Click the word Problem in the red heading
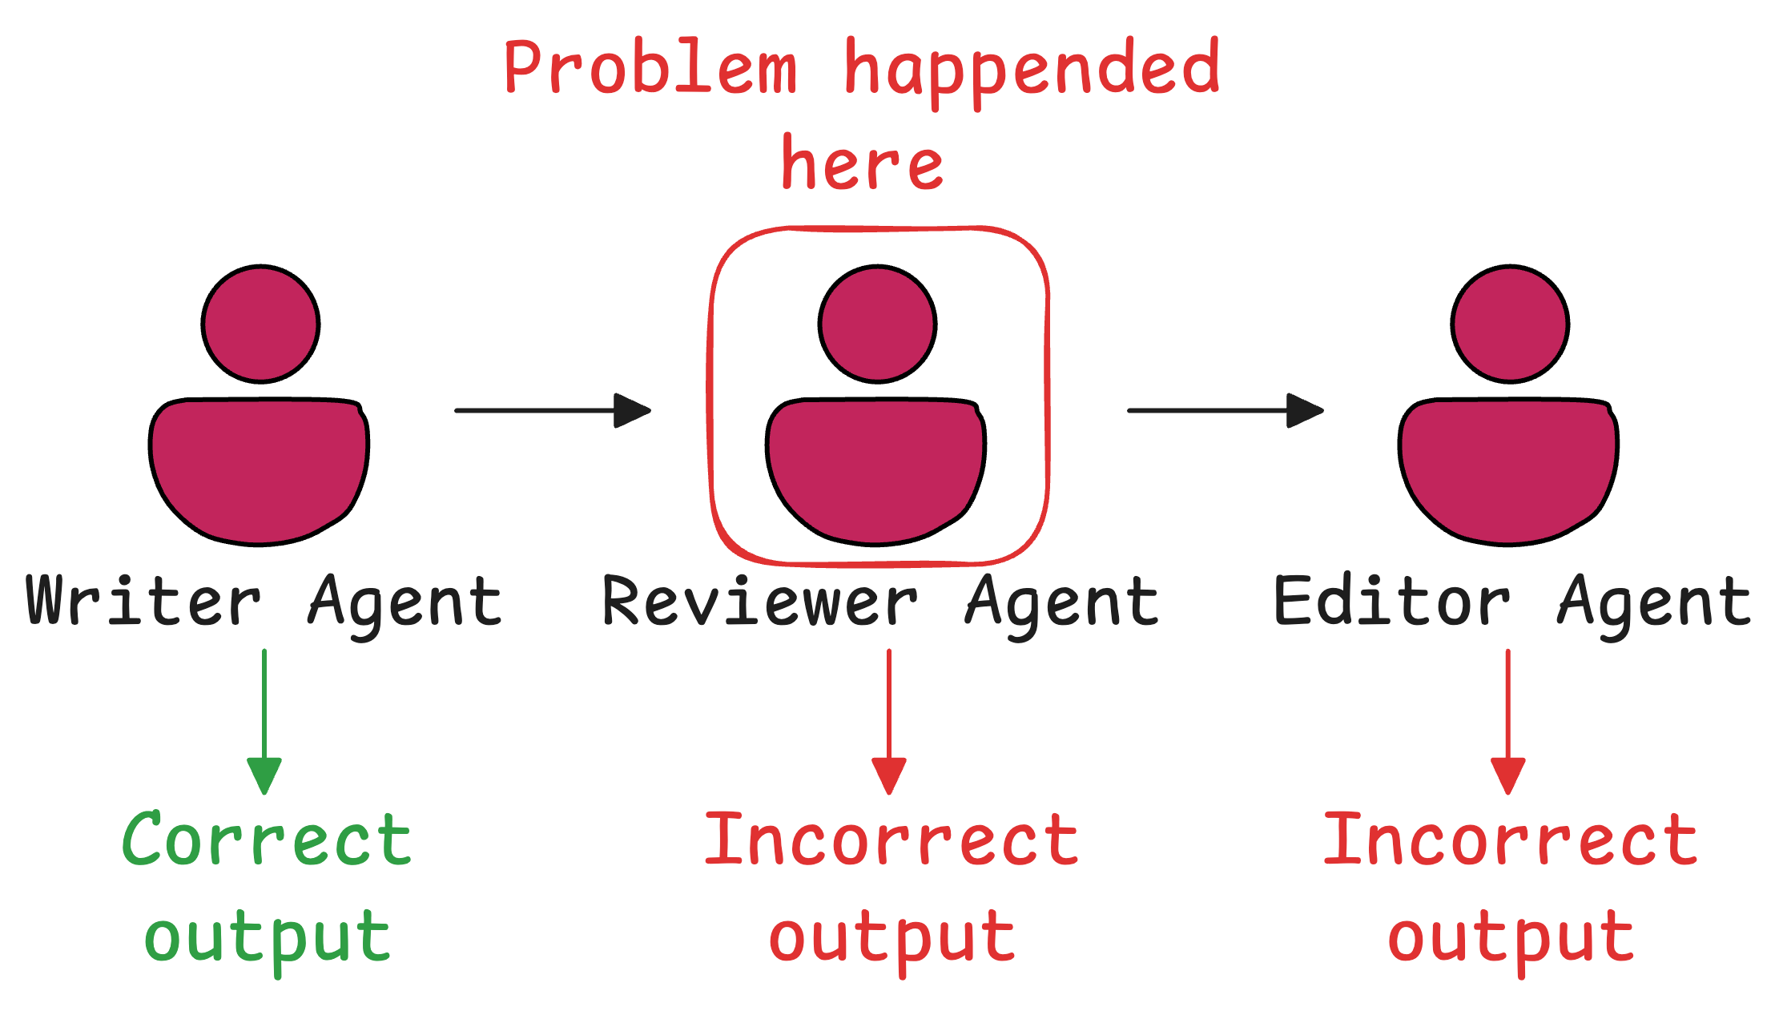(x=650, y=69)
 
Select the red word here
(x=862, y=164)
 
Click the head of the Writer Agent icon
(x=260, y=324)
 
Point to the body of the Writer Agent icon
(x=259, y=469)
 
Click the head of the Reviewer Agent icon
(x=877, y=324)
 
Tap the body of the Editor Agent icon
(x=1508, y=469)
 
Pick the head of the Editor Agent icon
(x=1510, y=324)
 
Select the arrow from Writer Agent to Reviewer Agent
(x=553, y=410)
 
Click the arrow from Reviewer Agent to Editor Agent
(x=1226, y=410)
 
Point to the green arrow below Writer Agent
(x=264, y=721)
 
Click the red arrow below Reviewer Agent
(x=889, y=721)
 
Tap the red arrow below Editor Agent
(x=1508, y=721)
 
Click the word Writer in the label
(x=144, y=601)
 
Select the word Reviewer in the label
(x=759, y=601)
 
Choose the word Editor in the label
(x=1392, y=601)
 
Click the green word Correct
(x=267, y=840)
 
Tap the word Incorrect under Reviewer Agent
(x=892, y=840)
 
